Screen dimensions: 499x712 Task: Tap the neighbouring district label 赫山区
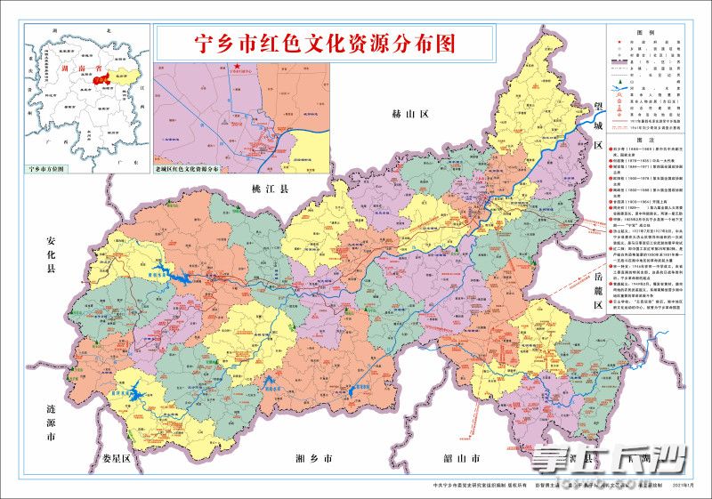(x=410, y=115)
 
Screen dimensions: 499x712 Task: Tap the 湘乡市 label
(x=312, y=460)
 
